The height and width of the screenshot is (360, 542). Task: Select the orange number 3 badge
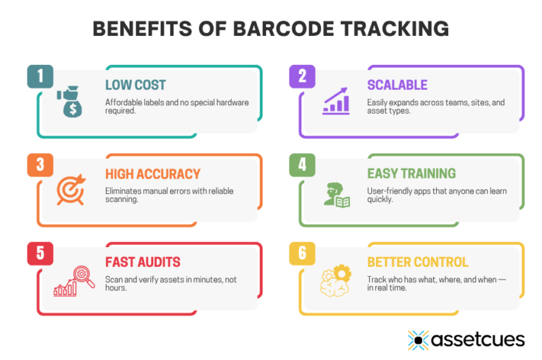tap(40, 165)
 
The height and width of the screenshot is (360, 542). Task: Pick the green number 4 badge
tap(302, 165)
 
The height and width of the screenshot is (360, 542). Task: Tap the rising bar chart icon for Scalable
tap(336, 102)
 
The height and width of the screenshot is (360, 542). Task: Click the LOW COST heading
tap(135, 85)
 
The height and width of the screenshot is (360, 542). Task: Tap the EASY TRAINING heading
tap(411, 174)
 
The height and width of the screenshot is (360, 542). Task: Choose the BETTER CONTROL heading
tap(417, 262)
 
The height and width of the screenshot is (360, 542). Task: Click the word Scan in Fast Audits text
tap(114, 280)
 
